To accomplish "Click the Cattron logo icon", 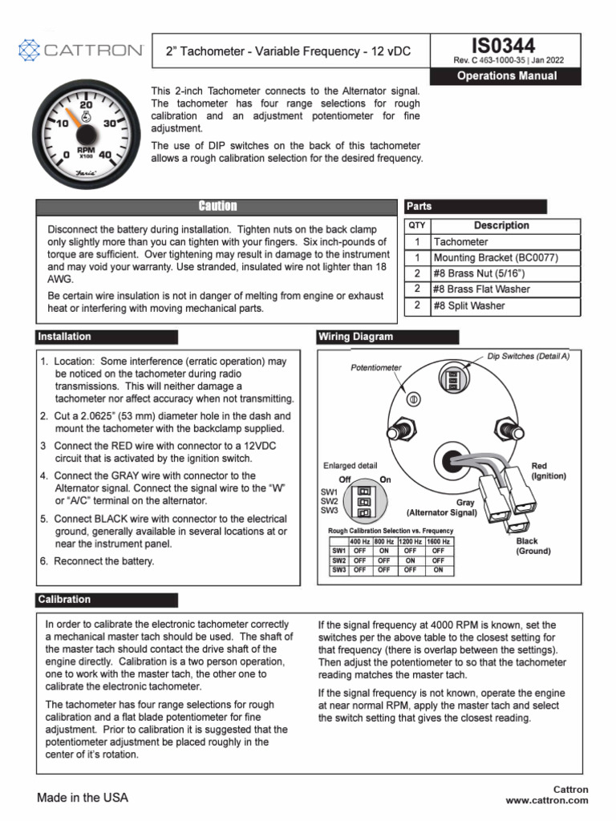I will tap(28, 51).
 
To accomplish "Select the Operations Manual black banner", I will tap(506, 76).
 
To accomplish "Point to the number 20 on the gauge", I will tap(87, 105).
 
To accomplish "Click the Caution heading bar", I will tap(217, 207).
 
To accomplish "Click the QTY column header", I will tap(417, 225).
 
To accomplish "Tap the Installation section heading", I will tap(65, 337).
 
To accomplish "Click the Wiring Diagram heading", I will tap(356, 337).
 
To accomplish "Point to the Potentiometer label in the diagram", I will tap(376, 367).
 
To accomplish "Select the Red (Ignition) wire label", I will tap(549, 471).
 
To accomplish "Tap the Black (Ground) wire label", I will tap(533, 546).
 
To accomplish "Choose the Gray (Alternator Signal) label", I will tap(442, 507).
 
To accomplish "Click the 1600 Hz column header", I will tap(438, 542).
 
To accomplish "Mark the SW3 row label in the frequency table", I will tap(338, 569).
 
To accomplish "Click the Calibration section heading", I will tap(65, 600).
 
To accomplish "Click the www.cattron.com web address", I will tap(546, 800).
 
